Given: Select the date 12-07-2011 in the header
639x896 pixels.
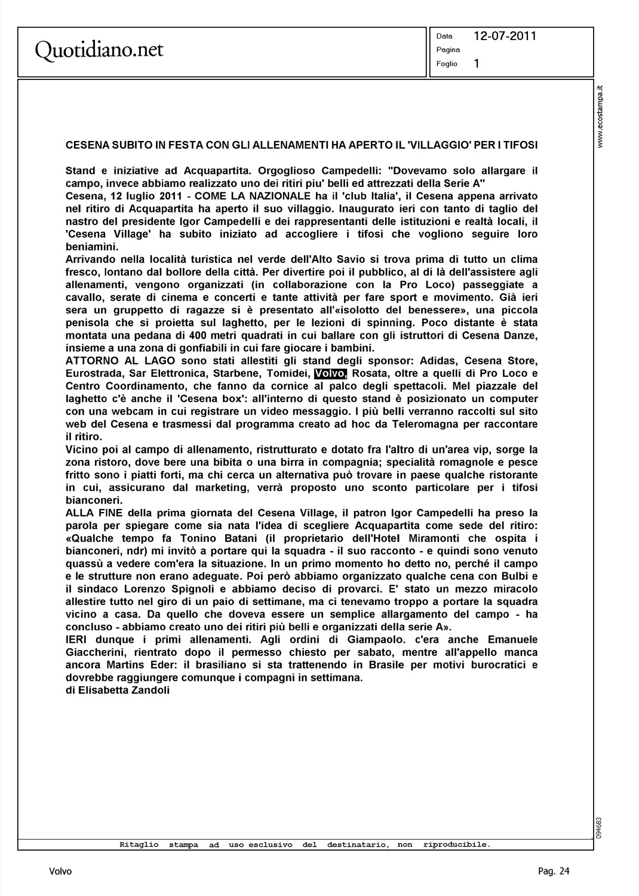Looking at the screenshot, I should tap(505, 36).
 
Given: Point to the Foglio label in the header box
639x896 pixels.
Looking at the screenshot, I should tap(447, 64).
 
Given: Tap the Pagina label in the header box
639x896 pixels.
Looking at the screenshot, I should tap(448, 50).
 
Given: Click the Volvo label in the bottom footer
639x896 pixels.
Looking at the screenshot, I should tap(60, 872).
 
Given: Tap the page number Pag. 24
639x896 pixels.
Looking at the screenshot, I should tap(554, 872).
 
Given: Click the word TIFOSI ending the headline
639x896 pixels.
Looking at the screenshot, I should tap(520, 145).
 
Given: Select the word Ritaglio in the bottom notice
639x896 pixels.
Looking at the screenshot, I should tap(139, 845).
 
